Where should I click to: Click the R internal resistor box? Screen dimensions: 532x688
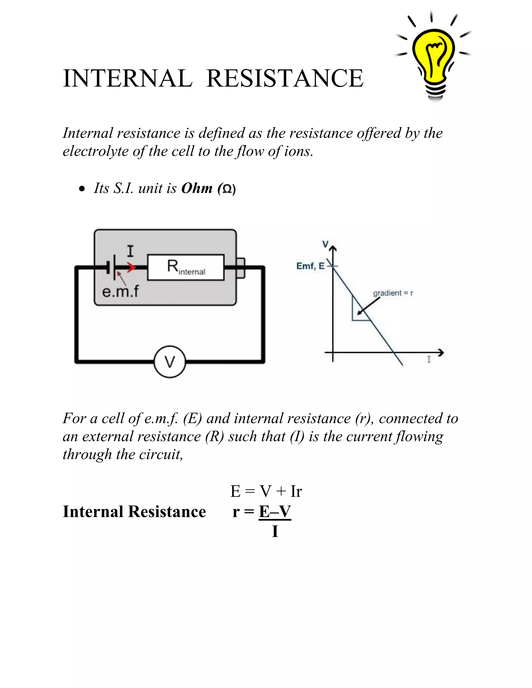186,267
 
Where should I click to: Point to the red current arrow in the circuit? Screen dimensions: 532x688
131,267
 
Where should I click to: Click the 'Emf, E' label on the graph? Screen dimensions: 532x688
310,266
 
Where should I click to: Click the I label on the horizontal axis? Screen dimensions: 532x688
429,359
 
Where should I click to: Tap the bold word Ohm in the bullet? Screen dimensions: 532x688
197,188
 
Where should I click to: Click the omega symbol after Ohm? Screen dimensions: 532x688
227,189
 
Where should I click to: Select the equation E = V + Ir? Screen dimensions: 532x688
266,491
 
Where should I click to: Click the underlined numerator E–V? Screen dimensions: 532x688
275,512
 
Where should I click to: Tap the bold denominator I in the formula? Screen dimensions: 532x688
275,531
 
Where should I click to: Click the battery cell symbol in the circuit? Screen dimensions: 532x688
112,267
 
